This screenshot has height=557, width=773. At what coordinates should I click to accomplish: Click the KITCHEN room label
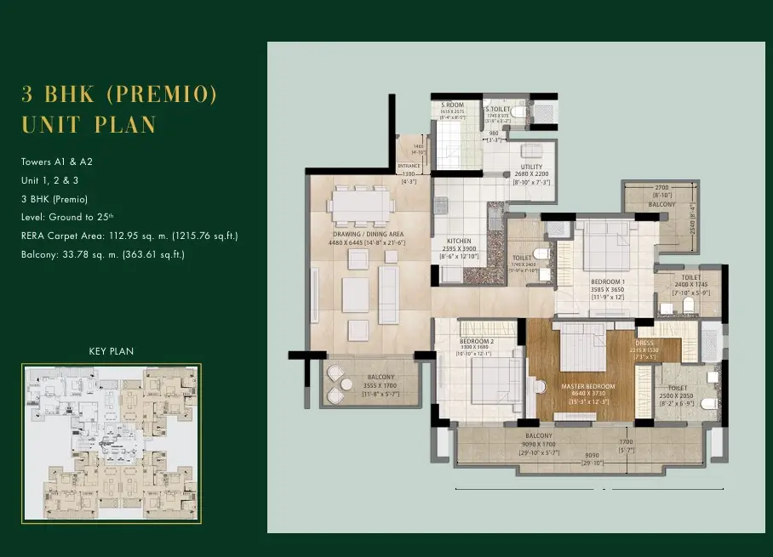tap(459, 242)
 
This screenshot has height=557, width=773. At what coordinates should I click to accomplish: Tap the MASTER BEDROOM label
tap(588, 387)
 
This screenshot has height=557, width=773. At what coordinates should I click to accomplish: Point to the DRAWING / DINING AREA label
tap(368, 234)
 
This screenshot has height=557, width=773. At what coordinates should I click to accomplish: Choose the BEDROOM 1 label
tap(609, 281)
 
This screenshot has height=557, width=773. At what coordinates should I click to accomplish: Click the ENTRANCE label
tap(408, 166)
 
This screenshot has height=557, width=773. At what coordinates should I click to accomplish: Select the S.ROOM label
tap(451, 105)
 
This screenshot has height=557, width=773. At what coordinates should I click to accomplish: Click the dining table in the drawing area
tap(363, 203)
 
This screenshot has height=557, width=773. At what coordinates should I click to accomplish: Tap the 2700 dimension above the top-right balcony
tap(661, 186)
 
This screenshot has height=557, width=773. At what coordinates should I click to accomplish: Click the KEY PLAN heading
tap(112, 351)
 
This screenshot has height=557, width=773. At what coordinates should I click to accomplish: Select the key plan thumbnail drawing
tap(112, 442)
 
